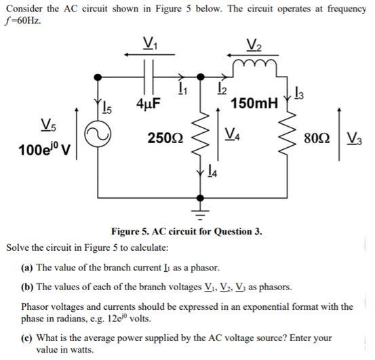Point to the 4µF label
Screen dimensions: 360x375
coord(148,105)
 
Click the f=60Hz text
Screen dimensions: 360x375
coord(25,20)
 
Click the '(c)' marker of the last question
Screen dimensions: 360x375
coord(28,336)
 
